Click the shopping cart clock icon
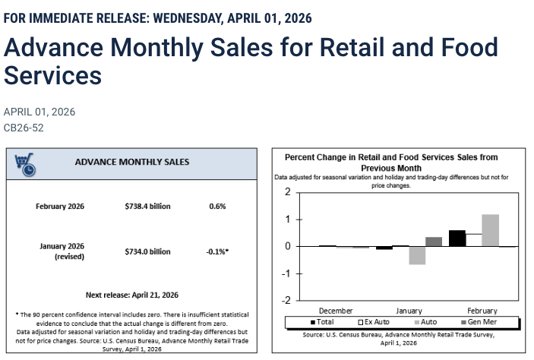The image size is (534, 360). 25,164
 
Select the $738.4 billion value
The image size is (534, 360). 147,207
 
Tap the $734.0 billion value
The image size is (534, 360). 147,251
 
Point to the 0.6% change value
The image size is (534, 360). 217,207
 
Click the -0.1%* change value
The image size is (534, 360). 217,251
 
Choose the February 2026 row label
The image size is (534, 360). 60,207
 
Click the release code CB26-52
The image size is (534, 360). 24,128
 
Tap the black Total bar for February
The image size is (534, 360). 457,238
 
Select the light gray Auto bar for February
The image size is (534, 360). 490,230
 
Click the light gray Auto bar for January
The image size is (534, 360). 417,255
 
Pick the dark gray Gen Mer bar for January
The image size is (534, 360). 434,242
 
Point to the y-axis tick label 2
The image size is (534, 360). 288,192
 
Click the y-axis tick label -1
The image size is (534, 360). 286,273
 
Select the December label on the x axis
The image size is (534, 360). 336,311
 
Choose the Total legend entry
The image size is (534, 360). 321,322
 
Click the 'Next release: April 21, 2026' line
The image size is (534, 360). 132,295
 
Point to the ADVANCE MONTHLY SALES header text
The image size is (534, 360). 132,162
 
